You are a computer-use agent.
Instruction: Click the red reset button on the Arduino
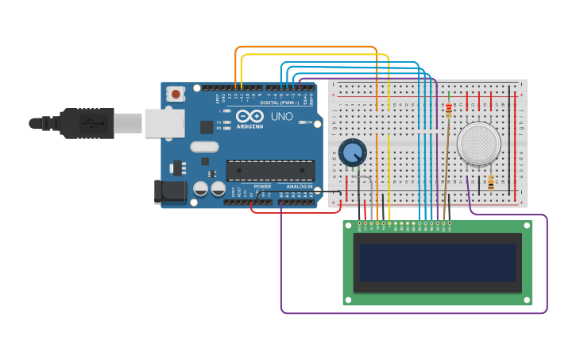click(176, 94)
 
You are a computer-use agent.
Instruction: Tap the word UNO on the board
click(281, 117)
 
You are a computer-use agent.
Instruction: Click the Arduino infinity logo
click(249, 116)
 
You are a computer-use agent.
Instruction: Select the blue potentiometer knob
click(352, 151)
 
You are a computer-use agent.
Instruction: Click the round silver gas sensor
click(480, 144)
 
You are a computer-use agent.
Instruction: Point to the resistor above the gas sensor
click(449, 110)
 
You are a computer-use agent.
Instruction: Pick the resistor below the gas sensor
click(490, 183)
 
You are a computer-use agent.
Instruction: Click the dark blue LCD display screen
click(437, 262)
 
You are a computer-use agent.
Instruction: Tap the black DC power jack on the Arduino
click(170, 191)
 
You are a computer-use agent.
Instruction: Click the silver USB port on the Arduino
click(164, 123)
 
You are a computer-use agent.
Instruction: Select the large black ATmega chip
click(270, 170)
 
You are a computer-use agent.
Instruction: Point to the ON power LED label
click(309, 122)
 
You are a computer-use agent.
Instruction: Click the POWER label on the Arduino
click(262, 187)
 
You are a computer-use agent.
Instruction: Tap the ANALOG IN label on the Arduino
click(300, 187)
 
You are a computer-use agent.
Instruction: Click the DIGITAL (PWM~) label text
click(280, 103)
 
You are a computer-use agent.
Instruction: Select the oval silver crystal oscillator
click(204, 146)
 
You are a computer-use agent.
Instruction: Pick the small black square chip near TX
click(207, 126)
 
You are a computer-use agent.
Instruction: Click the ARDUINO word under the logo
click(249, 126)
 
